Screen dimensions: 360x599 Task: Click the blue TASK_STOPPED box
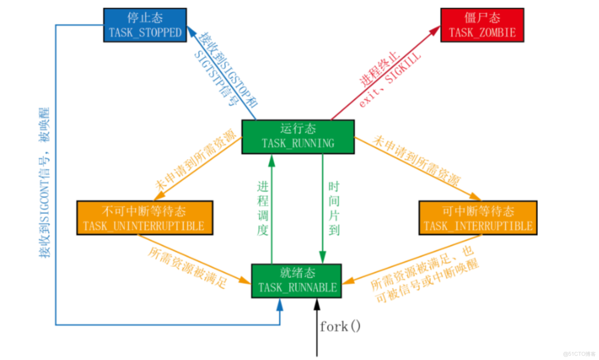145,25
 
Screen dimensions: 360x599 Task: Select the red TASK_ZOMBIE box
482,25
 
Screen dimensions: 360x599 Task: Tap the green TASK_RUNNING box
297,136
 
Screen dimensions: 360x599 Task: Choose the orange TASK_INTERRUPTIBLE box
478,218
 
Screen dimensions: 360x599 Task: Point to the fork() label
340,327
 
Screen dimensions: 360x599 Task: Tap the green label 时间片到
333,208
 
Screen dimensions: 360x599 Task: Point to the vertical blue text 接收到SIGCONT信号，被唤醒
45,182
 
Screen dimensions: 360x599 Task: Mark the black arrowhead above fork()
317,303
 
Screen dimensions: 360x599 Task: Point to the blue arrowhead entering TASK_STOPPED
192,32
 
